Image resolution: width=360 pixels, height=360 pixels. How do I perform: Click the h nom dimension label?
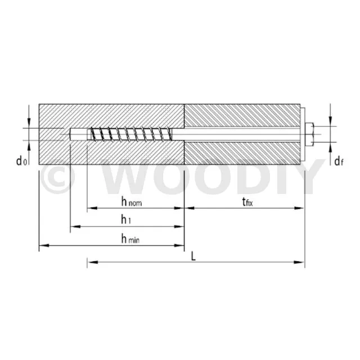pyautogui.click(x=132, y=202)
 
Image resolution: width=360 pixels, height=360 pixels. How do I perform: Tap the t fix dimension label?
pyautogui.click(x=247, y=202)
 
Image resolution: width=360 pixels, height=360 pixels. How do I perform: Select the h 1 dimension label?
pyautogui.click(x=126, y=220)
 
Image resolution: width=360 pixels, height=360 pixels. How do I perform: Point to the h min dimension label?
pyautogui.click(x=130, y=239)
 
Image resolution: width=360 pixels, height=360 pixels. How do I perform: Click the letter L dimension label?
pyautogui.click(x=193, y=256)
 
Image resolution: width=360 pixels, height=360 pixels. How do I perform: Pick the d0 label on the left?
pyautogui.click(x=21, y=161)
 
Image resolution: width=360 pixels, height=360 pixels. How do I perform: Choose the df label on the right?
pyautogui.click(x=339, y=161)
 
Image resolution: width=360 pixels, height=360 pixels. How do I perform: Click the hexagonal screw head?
pyautogui.click(x=309, y=134)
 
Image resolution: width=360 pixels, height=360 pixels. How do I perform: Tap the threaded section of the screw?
pyautogui.click(x=131, y=134)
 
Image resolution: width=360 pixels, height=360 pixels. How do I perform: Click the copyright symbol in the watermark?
pyautogui.click(x=57, y=176)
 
